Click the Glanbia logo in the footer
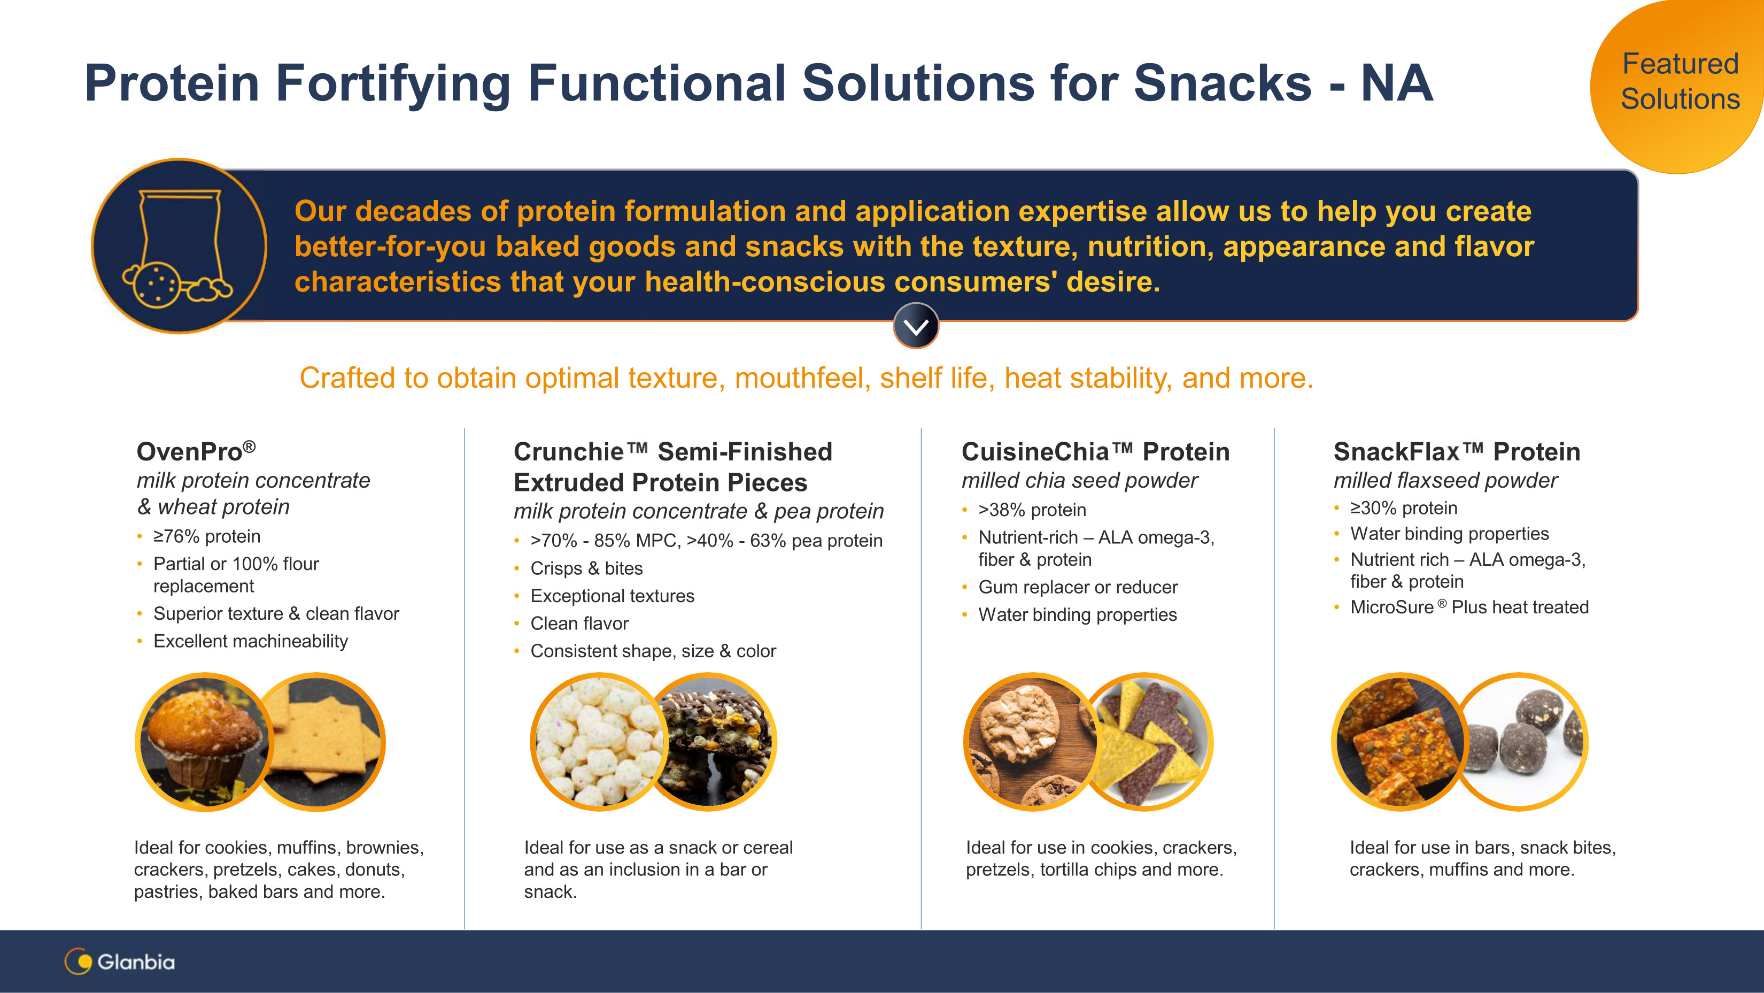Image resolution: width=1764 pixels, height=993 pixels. (x=120, y=961)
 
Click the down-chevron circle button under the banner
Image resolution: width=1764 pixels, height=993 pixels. (x=916, y=326)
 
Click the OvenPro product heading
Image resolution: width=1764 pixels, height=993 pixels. (x=196, y=451)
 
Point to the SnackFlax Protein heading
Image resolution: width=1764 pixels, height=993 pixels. (x=1457, y=452)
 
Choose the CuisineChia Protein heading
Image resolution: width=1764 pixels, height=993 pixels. (x=1095, y=452)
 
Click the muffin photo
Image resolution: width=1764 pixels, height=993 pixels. (x=204, y=742)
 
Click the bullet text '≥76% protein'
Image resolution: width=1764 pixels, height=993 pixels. (x=207, y=536)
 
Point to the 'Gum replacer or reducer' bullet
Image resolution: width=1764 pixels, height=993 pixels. (x=1078, y=587)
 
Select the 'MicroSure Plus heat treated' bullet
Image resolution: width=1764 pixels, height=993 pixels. (x=1469, y=607)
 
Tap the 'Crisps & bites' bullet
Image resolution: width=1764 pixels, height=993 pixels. (x=586, y=568)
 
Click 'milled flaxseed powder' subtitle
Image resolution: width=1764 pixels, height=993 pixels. (x=1445, y=481)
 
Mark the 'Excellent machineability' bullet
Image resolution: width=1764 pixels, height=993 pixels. (x=251, y=641)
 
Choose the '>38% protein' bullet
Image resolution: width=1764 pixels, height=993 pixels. (x=1032, y=510)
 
